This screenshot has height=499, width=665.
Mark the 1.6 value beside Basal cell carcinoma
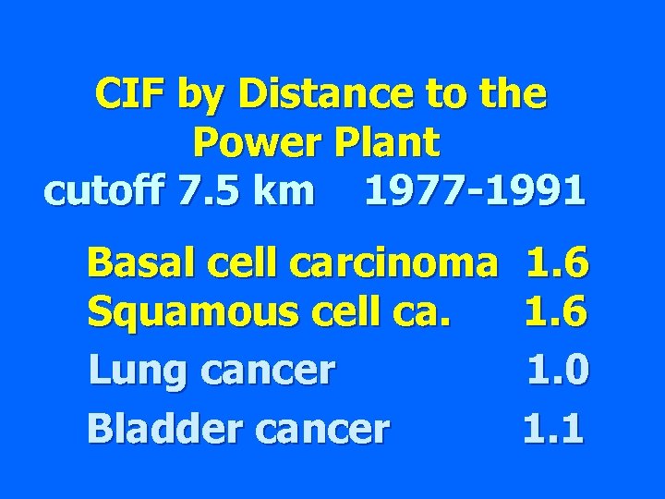point(556,264)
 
